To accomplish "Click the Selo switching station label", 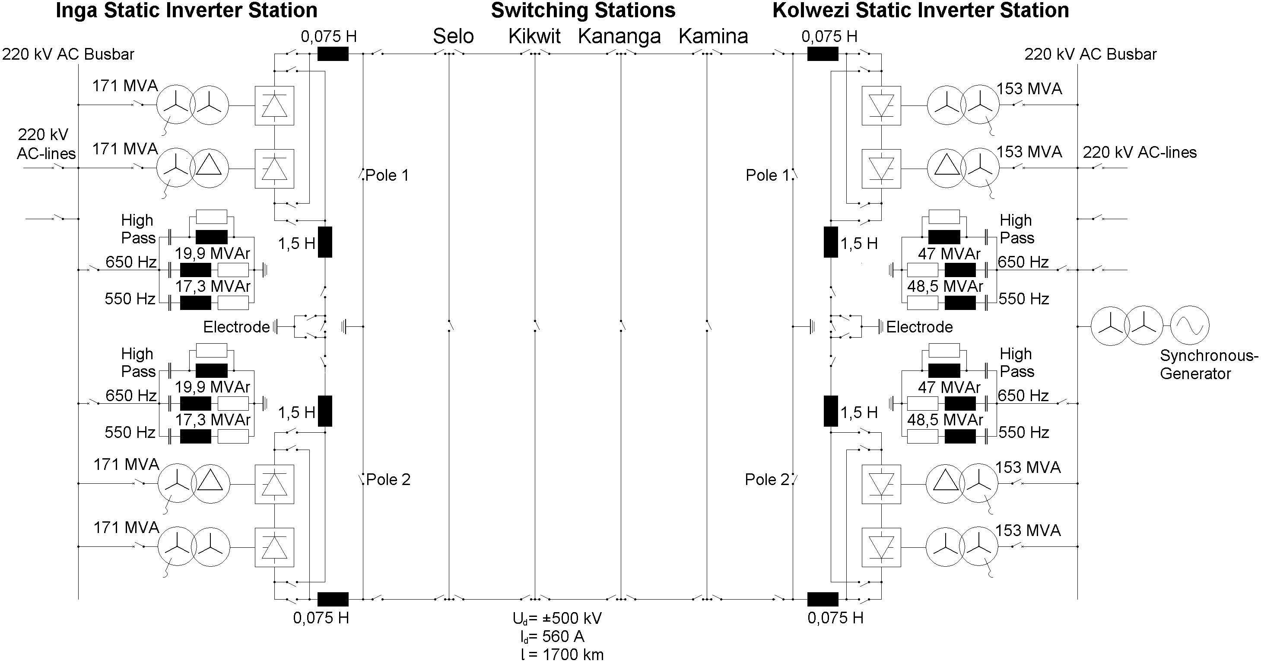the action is tap(453, 36).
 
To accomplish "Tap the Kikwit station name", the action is tap(534, 36).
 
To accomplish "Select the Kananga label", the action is tap(619, 36).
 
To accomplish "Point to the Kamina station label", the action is tap(713, 36).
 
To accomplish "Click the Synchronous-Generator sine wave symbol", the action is tap(1190, 326).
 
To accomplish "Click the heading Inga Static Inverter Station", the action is tap(187, 10).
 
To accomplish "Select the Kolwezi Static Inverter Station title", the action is tap(920, 10).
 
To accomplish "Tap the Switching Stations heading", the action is tap(583, 10).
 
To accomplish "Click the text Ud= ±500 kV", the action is tap(557, 619).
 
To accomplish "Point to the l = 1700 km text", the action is tap(562, 654).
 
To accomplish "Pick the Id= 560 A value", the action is tap(553, 637).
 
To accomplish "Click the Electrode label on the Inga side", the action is tap(236, 327).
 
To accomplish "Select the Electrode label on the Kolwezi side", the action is tap(919, 327).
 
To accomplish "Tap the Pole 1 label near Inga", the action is tap(387, 176).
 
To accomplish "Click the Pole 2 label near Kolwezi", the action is tap(767, 479).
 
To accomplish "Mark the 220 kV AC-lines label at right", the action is tap(1140, 152).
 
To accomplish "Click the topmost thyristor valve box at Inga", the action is tap(275, 106).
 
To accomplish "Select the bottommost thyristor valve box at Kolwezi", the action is tap(881, 547).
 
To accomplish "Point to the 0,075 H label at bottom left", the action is tap(321, 618).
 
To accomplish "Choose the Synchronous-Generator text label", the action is tap(1208, 365).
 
